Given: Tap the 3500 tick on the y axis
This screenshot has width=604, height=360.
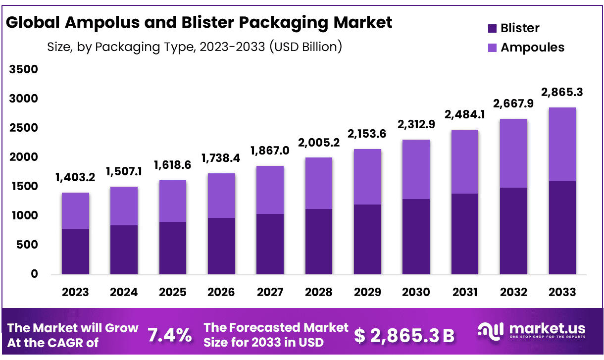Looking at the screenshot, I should pos(23,69).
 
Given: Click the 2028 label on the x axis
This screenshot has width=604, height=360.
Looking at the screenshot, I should pos(318,292).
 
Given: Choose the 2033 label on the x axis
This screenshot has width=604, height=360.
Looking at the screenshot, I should pos(562,292).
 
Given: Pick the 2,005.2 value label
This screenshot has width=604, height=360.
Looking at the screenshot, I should pos(318,143).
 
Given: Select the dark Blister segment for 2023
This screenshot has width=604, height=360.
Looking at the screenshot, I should pos(75,252).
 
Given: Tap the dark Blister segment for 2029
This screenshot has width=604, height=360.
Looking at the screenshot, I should pos(367,239).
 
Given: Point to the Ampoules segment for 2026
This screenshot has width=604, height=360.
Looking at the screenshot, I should pos(221,196).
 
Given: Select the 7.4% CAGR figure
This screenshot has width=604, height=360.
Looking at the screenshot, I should pos(170,335).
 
